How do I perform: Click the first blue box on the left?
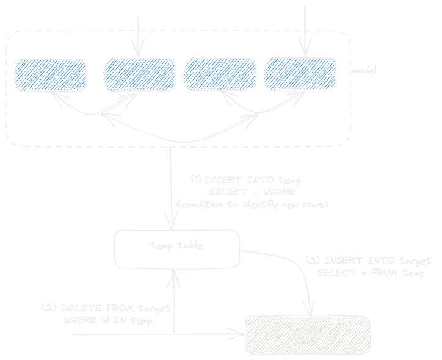coord(51,74)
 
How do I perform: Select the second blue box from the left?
coord(140,74)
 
